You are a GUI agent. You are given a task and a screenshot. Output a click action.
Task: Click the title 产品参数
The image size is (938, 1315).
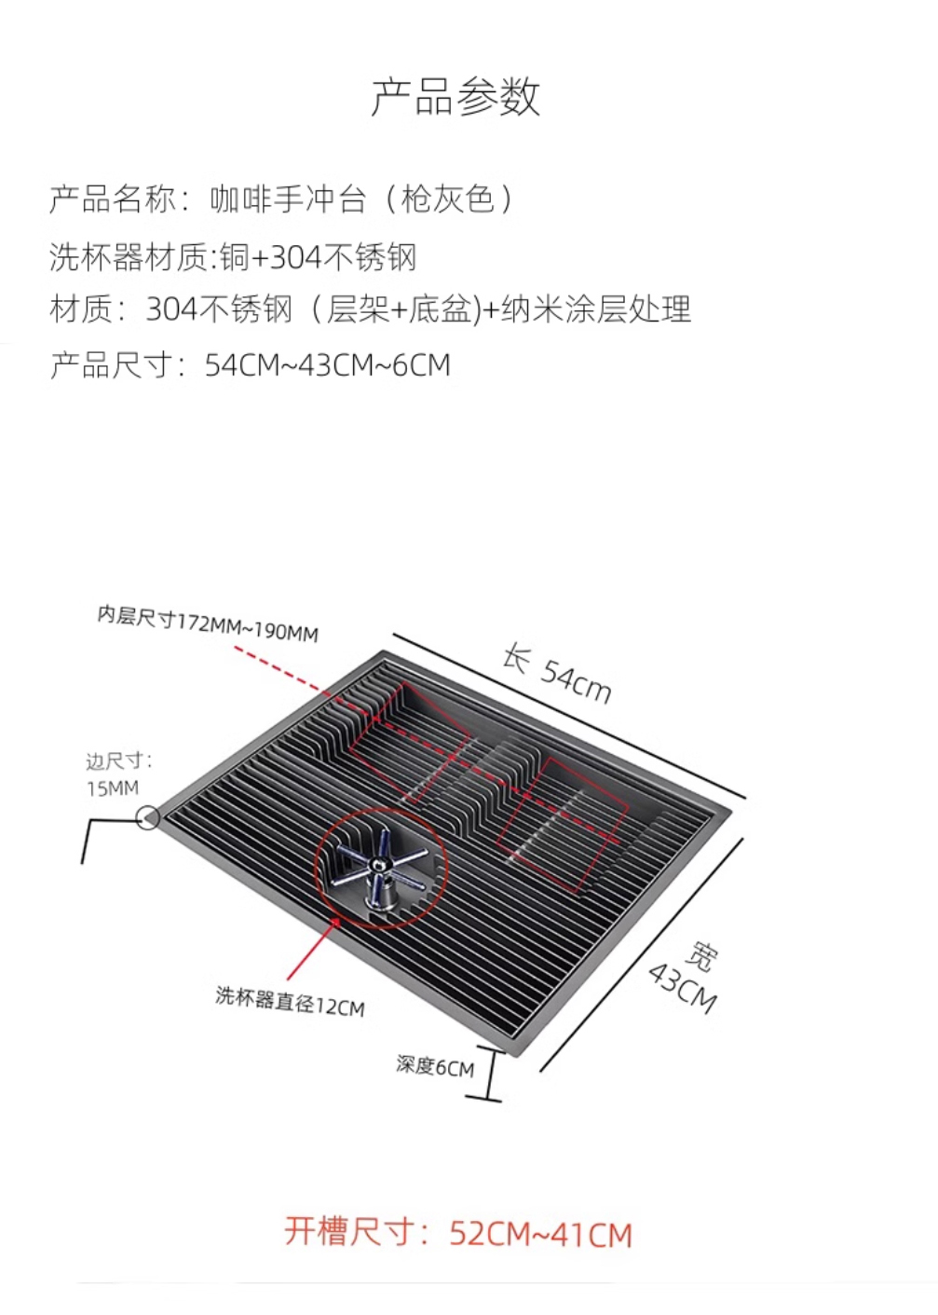[x=455, y=97]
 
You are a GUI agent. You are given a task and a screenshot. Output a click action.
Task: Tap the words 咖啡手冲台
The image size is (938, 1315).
[x=287, y=199]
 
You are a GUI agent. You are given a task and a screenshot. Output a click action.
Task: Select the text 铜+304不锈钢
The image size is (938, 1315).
[x=318, y=256]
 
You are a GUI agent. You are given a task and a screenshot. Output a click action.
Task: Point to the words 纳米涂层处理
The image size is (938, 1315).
[x=596, y=308]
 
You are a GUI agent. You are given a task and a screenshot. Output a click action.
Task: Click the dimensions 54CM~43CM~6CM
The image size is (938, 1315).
[x=327, y=364]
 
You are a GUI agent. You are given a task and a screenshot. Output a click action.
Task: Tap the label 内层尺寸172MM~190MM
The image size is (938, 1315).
[x=208, y=623]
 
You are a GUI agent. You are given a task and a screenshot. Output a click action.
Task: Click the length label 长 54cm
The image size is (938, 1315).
[x=556, y=672]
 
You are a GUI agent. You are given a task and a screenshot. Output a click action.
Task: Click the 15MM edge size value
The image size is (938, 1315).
[x=113, y=788]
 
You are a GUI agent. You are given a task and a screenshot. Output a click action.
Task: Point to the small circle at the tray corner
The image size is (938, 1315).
[x=147, y=818]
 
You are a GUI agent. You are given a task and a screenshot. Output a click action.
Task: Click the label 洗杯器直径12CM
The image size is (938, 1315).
[x=290, y=1001]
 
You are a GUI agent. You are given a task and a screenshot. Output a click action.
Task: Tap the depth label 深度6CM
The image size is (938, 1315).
[x=434, y=1065]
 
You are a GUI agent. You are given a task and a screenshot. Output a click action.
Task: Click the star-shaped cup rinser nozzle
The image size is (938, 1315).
[x=382, y=868]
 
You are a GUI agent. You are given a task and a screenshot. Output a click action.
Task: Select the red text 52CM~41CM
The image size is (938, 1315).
[x=540, y=1234]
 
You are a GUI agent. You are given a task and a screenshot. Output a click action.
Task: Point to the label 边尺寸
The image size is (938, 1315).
[x=118, y=760]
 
